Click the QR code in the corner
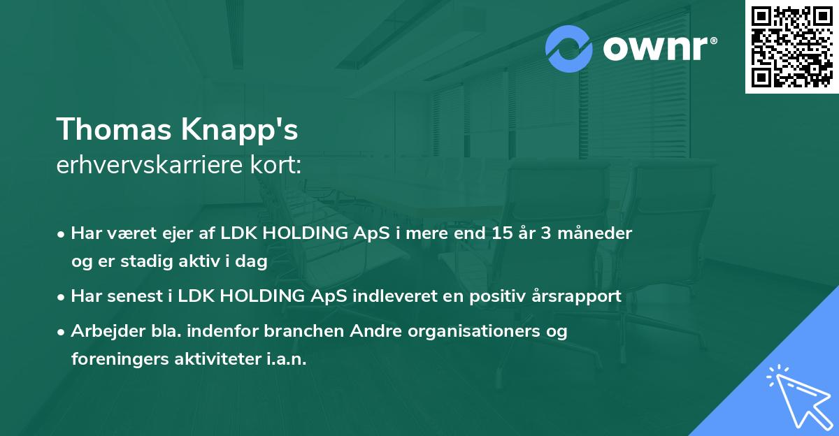pos(791,47)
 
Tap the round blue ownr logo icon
pos(568,49)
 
